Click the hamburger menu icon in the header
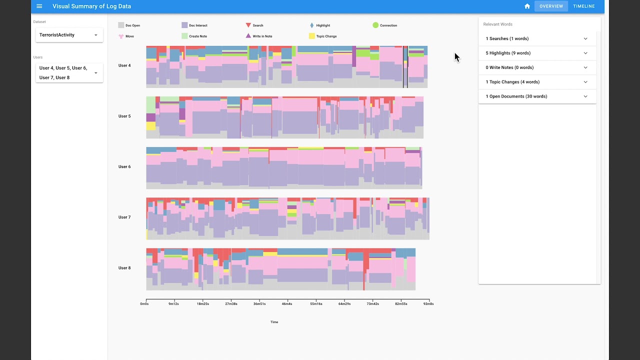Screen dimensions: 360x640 click(39, 6)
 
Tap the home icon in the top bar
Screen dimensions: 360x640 click(527, 6)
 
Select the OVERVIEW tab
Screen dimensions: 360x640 click(551, 6)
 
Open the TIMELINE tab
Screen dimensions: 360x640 click(583, 6)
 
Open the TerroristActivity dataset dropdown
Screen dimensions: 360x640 click(69, 35)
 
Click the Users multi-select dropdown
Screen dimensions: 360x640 click(69, 73)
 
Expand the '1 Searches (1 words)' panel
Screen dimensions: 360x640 click(537, 38)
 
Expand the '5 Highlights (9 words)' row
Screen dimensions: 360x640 click(537, 53)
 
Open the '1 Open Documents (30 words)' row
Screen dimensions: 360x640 click(537, 96)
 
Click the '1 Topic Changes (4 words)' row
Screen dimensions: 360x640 click(537, 82)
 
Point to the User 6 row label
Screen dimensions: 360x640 click(124, 167)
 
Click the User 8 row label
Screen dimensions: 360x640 click(124, 268)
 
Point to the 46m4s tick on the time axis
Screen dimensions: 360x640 click(287, 303)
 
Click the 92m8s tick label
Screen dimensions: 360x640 click(428, 303)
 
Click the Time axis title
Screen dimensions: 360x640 click(274, 322)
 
